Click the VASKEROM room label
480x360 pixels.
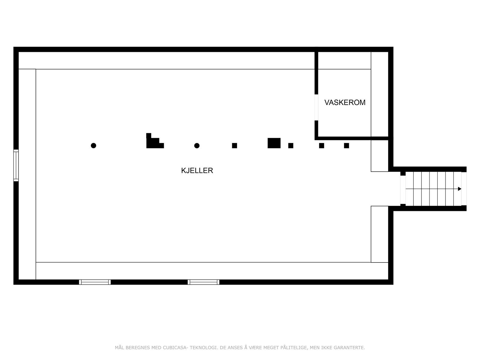[345, 103]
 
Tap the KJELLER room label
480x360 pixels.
[197, 170]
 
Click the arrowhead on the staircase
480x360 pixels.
[460, 189]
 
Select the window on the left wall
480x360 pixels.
[16, 166]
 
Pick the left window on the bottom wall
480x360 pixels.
[95, 282]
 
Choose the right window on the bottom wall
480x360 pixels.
[203, 282]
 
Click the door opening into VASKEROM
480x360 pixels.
[316, 107]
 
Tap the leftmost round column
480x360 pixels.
[93, 145]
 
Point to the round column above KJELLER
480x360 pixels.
[197, 145]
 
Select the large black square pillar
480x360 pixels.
[274, 143]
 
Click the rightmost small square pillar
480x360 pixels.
[346, 145]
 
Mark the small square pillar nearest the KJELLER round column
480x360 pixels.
[234, 145]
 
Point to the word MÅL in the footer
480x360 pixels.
[119, 347]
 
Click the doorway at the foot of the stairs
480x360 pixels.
[403, 190]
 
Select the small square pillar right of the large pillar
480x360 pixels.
[291, 145]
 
